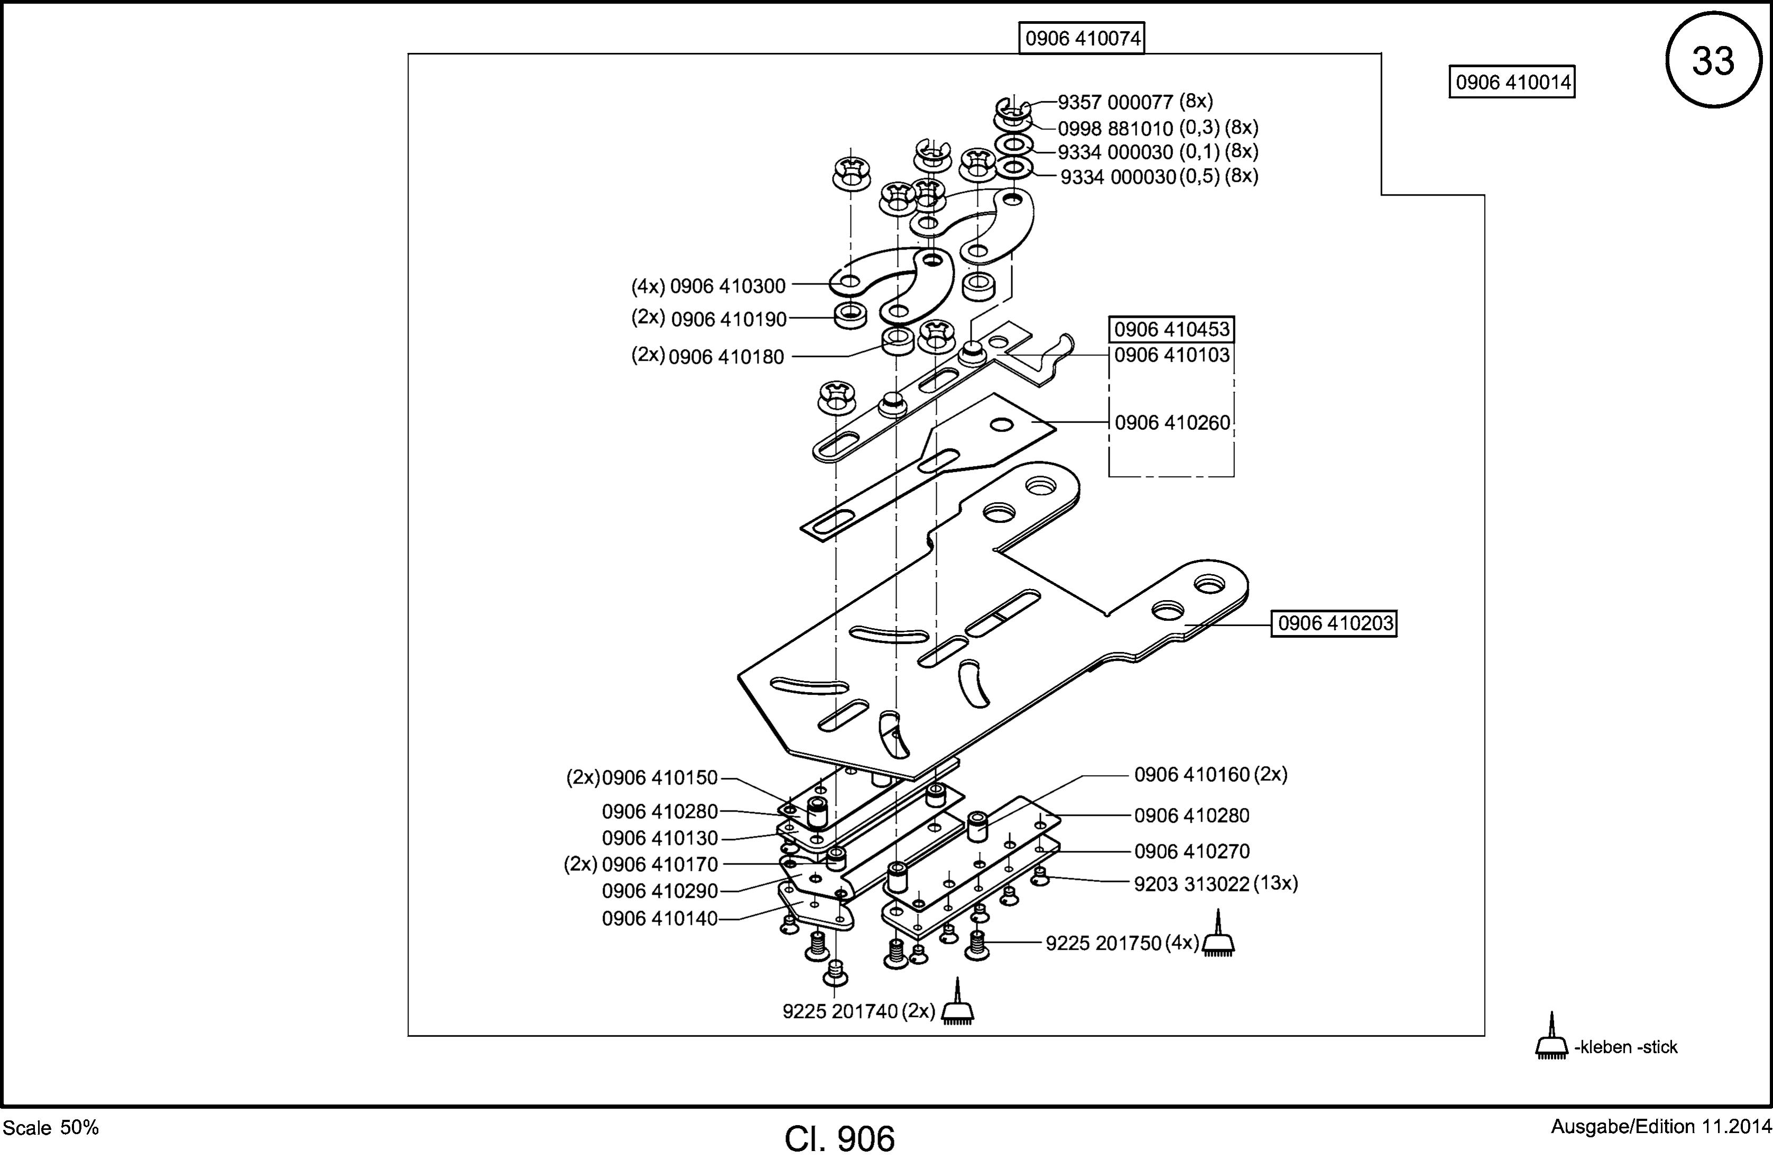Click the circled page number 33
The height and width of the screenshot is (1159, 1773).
(x=1713, y=60)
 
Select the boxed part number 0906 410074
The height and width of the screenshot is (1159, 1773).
(x=1082, y=39)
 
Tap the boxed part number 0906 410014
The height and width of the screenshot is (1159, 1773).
(x=1512, y=82)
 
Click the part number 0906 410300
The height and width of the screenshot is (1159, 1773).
(x=728, y=286)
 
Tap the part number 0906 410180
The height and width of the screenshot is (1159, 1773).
(x=726, y=357)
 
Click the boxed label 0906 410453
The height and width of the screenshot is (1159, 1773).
(x=1172, y=329)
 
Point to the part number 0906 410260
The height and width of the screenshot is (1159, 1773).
(x=1172, y=422)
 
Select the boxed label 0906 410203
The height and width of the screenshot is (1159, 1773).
(x=1334, y=623)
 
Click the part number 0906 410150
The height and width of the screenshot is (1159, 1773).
(x=659, y=777)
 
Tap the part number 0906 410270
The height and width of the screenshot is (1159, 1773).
(x=1191, y=851)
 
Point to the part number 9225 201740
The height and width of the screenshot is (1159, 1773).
(x=839, y=1011)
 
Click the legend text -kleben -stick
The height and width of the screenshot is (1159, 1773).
(x=1626, y=1047)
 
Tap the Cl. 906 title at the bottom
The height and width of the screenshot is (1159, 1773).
(x=839, y=1139)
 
